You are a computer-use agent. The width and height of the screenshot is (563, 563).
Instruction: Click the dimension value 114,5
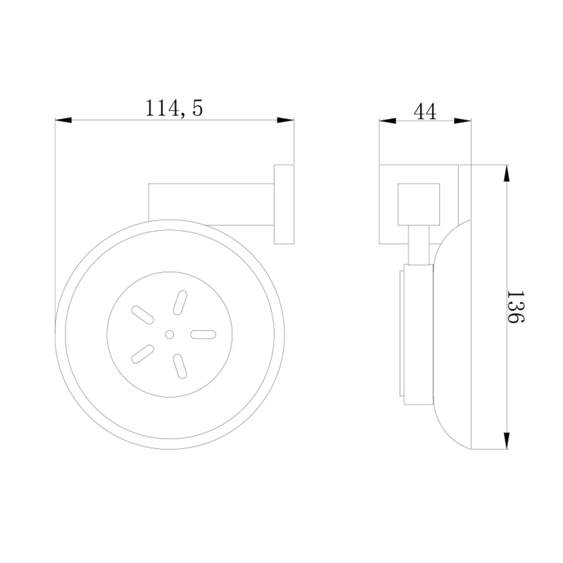[x=174, y=108]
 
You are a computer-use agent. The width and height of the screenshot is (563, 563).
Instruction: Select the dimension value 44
[x=425, y=111]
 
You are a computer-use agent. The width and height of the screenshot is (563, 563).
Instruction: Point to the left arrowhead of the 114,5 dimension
[x=63, y=120]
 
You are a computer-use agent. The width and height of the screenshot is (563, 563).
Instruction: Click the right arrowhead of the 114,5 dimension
[x=286, y=120]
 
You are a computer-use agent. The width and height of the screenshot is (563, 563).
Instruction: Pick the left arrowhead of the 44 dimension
[x=388, y=120]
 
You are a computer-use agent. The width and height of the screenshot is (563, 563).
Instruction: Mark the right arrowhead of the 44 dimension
[x=462, y=120]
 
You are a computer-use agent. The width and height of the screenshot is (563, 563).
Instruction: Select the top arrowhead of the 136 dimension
[x=506, y=173]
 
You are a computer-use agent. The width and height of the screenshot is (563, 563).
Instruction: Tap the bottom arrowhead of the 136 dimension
[x=506, y=441]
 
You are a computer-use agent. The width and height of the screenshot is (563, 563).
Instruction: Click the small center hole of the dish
[x=170, y=334]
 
